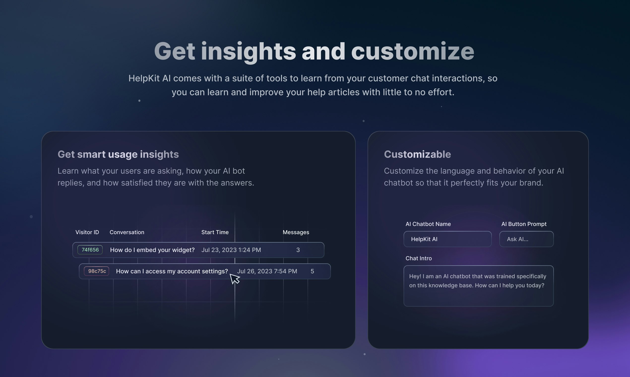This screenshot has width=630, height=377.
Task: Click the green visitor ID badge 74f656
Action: pyautogui.click(x=90, y=250)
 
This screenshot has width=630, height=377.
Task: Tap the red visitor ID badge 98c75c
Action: pyautogui.click(x=96, y=271)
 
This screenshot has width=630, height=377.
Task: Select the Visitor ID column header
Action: pyautogui.click(x=87, y=232)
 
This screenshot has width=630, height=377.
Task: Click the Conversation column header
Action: pyautogui.click(x=127, y=232)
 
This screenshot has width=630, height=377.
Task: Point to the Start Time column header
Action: pyautogui.click(x=215, y=232)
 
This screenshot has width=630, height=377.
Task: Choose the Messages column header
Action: pyautogui.click(x=296, y=232)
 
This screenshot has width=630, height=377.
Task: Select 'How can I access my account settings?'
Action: pyautogui.click(x=172, y=271)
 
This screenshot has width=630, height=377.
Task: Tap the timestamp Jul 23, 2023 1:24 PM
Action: pyautogui.click(x=231, y=250)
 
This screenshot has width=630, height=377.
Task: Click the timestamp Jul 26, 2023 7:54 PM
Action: pyautogui.click(x=267, y=271)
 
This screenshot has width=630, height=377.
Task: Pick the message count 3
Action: pyautogui.click(x=298, y=250)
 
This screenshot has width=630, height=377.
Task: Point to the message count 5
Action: pyautogui.click(x=313, y=271)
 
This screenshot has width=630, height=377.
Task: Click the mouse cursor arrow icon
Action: pyautogui.click(x=234, y=279)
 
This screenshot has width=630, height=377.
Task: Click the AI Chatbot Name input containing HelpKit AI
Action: pyautogui.click(x=448, y=239)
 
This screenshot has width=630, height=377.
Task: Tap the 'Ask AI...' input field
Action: pyautogui.click(x=526, y=239)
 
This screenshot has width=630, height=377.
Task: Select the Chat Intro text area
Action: pyautogui.click(x=479, y=286)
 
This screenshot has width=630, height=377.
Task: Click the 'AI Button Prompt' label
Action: pyautogui.click(x=524, y=224)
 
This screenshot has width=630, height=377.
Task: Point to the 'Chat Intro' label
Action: pyautogui.click(x=419, y=258)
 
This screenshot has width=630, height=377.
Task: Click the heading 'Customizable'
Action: pyautogui.click(x=417, y=154)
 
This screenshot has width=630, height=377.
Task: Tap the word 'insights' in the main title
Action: pyautogui.click(x=249, y=52)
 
